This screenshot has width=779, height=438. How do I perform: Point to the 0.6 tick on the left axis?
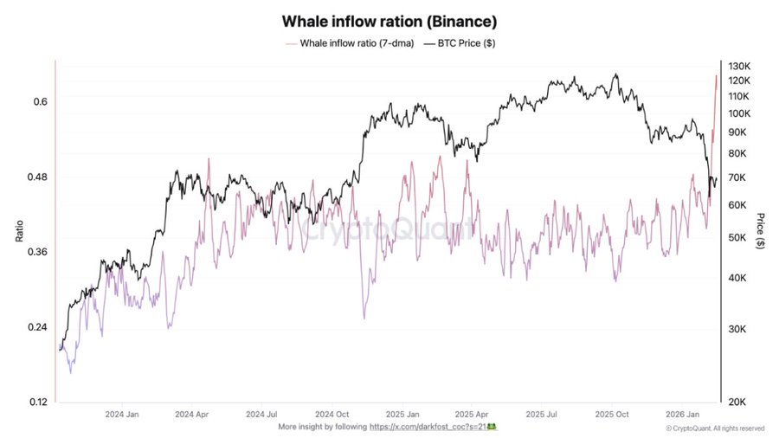(x=40, y=102)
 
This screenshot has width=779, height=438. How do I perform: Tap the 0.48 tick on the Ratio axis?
(x=36, y=177)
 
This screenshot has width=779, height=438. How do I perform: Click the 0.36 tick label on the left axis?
(x=36, y=252)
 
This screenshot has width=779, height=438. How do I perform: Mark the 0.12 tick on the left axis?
(x=36, y=403)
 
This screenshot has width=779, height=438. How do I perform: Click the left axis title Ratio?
(x=18, y=232)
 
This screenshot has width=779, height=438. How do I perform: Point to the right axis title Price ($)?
(x=760, y=231)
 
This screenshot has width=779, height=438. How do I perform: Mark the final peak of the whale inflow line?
(x=717, y=76)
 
